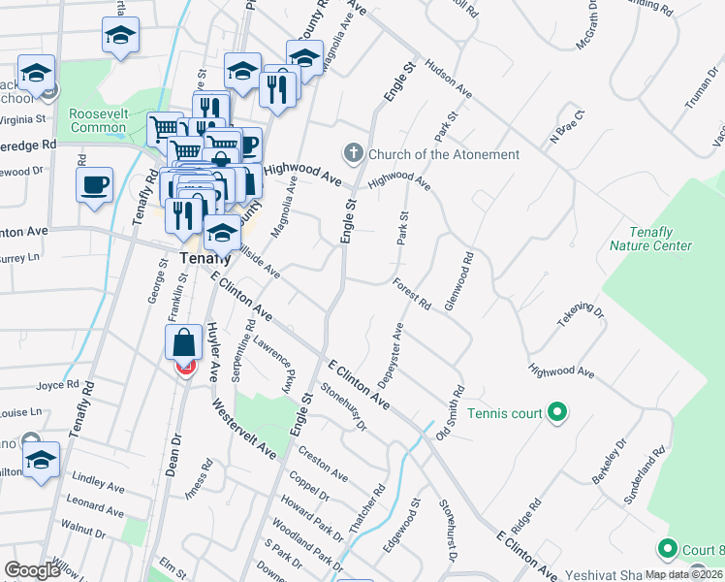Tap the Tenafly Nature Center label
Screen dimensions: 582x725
(x=649, y=239)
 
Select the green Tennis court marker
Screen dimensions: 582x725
(x=556, y=413)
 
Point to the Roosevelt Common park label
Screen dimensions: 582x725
(x=98, y=120)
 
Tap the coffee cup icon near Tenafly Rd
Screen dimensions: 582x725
(x=95, y=185)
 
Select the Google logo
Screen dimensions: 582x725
(x=33, y=569)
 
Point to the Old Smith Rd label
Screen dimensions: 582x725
(x=451, y=411)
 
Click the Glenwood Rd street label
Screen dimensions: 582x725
(x=458, y=281)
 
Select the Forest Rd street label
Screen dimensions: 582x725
(x=412, y=292)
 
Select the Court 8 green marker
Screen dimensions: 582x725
(x=667, y=549)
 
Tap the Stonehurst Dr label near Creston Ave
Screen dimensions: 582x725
(x=346, y=407)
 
